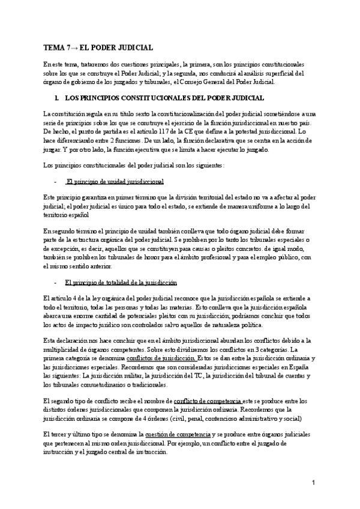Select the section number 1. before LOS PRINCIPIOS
(56, 98)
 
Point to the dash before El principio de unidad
(55, 181)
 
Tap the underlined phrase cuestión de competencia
(177, 434)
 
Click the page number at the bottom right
(313, 483)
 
